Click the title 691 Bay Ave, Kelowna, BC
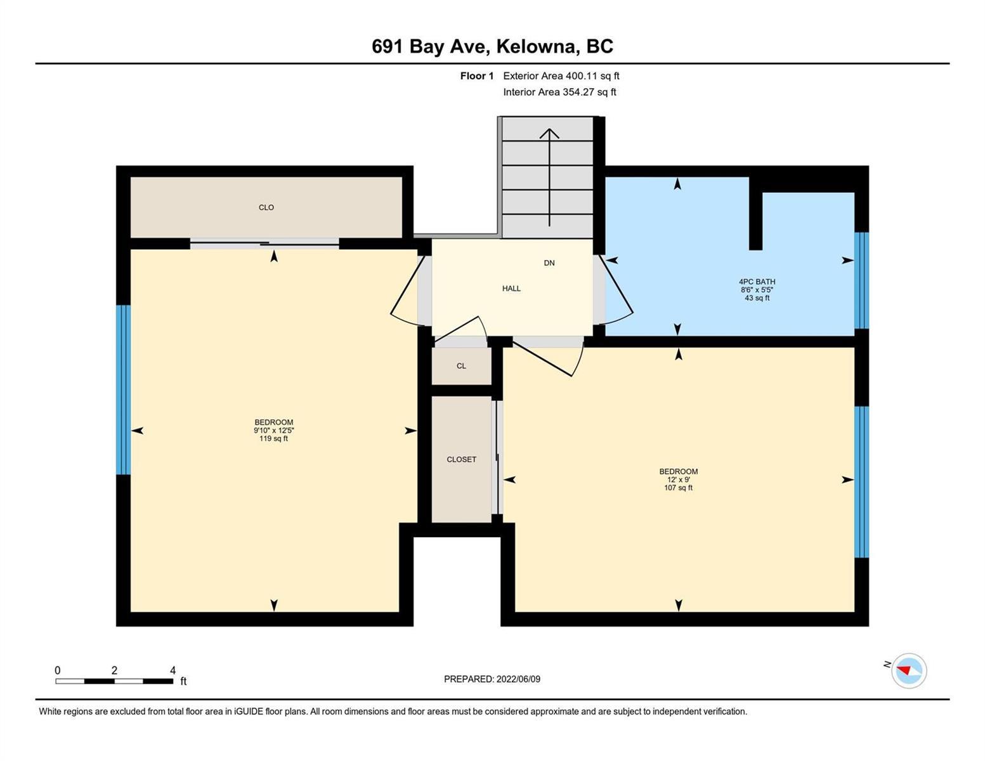tap(492, 46)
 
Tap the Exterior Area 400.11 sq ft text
tap(561, 75)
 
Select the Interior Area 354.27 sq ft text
tap(559, 92)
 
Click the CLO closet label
tap(266, 207)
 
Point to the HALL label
tap(511, 289)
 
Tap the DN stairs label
tap(549, 263)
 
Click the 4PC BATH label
tap(757, 282)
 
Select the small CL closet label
tap(461, 366)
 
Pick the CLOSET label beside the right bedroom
tap(461, 459)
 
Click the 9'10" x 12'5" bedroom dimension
tap(274, 431)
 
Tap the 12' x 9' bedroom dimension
tap(678, 479)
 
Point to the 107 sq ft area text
tap(678, 488)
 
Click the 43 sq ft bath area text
tap(757, 298)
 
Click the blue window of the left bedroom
tap(123, 390)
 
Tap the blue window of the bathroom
tap(861, 280)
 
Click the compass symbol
tap(908, 671)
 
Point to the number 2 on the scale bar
tap(114, 670)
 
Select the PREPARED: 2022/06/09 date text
tap(492, 679)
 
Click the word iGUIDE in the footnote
tap(249, 712)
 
